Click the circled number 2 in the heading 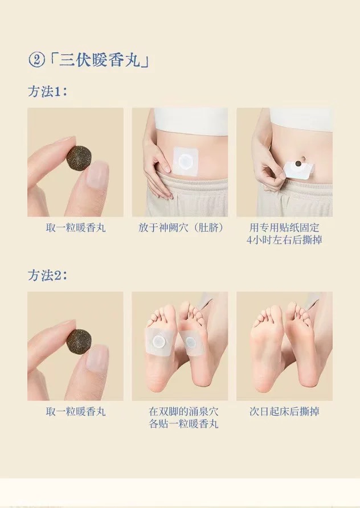click(36, 60)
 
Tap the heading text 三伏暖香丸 click(100, 60)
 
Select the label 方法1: click(47, 91)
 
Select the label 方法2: click(47, 275)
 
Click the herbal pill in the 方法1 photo click(79, 158)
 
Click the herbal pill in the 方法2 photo click(79, 342)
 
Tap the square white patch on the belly click(185, 161)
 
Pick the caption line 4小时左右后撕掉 click(284, 240)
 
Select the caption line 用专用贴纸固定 click(284, 227)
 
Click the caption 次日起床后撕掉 click(284, 411)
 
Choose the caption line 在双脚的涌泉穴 click(183, 411)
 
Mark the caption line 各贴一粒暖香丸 click(183, 424)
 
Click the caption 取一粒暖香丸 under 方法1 click(76, 228)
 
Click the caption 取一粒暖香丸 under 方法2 click(76, 411)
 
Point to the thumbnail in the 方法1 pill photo click(97, 174)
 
